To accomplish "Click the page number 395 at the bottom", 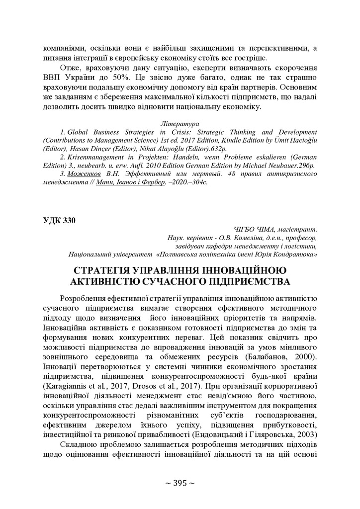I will [x=180, y=483].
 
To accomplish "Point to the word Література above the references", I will [x=180, y=123].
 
